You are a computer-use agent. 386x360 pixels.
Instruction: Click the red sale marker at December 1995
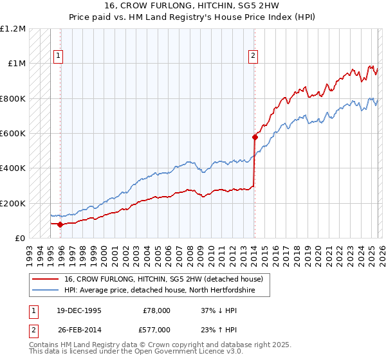[x=60, y=224]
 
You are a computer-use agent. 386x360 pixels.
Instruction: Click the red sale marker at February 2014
[x=255, y=137]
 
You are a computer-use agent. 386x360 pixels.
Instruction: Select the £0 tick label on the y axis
[x=19, y=239]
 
